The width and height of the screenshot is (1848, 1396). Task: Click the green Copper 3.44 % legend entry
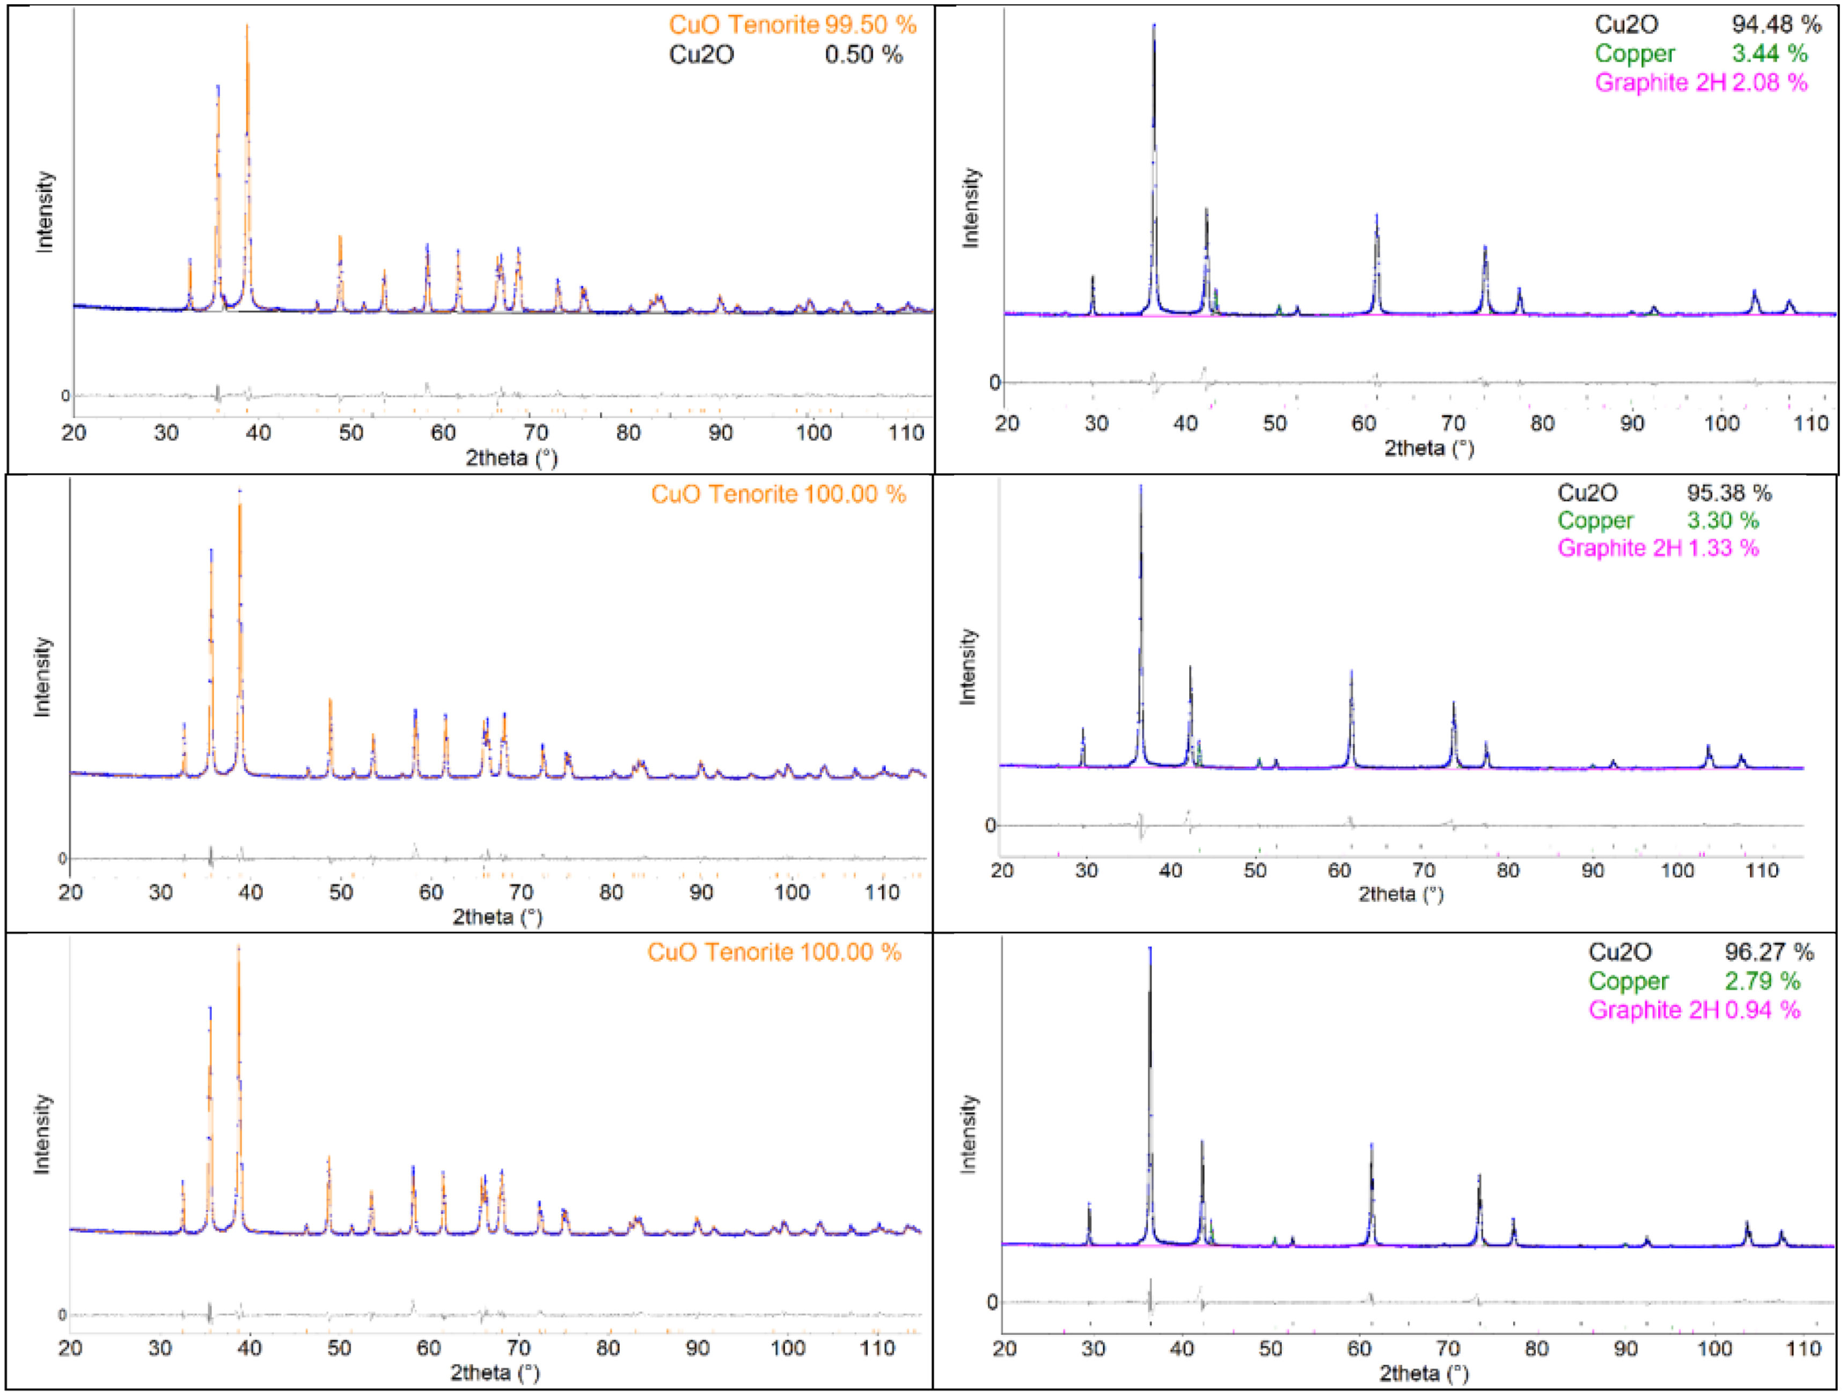[1700, 54]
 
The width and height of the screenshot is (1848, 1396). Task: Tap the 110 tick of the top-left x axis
[906, 433]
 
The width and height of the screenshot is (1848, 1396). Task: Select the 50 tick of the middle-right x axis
[1255, 871]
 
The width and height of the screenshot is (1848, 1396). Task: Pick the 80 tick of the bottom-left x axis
[608, 1348]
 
